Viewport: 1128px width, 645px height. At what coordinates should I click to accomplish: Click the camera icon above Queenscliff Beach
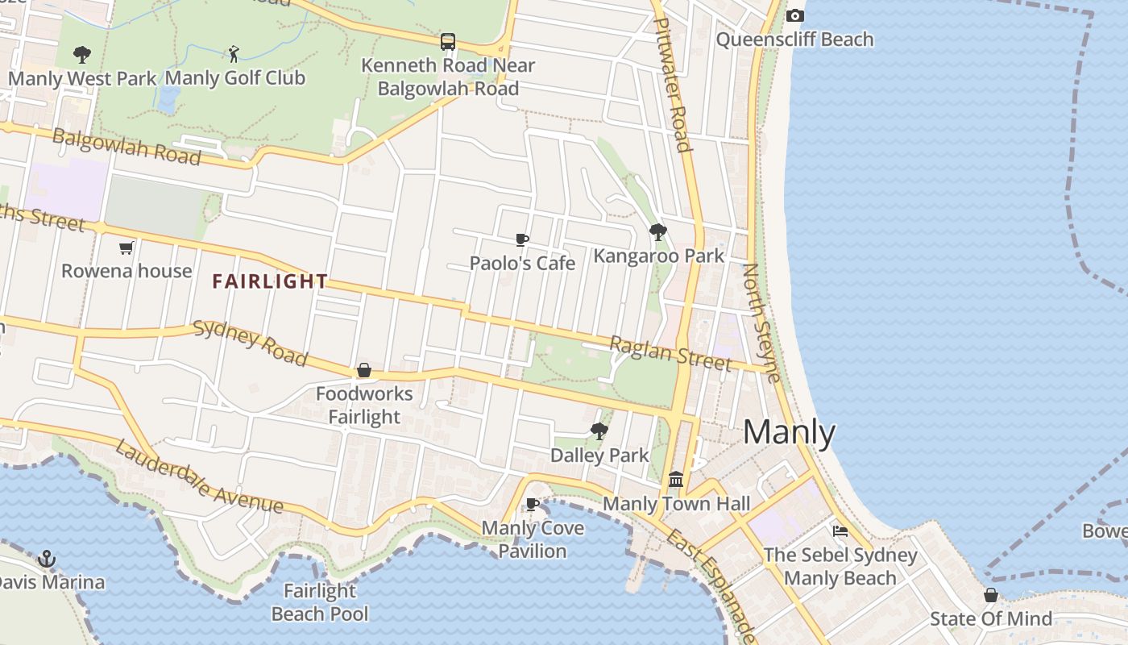pos(794,16)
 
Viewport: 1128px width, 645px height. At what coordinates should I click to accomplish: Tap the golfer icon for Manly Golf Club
pos(234,54)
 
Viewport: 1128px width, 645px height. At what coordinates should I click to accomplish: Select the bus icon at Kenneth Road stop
pos(448,41)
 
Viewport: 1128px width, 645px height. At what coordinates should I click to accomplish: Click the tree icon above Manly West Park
pos(81,55)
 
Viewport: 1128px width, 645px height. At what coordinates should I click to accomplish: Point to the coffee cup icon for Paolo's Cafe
pos(522,239)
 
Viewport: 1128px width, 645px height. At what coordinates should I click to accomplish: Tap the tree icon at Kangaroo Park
pos(658,232)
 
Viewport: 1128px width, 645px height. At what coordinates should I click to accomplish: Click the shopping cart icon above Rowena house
pos(126,248)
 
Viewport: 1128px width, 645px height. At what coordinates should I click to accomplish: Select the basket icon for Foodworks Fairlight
pos(364,370)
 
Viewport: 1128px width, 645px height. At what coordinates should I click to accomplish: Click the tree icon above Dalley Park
pos(599,431)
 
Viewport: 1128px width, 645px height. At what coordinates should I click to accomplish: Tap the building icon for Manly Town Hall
pos(676,480)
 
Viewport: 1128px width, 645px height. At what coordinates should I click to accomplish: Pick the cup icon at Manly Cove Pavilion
pos(532,505)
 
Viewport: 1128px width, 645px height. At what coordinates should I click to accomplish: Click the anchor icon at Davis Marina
pos(47,558)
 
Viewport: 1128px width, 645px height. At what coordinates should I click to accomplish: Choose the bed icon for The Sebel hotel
pos(840,531)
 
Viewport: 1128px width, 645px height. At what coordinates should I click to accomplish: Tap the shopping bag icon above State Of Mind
pos(991,595)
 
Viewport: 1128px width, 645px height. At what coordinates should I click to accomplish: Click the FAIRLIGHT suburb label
pos(270,281)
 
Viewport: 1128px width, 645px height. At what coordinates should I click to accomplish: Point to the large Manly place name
pos(789,433)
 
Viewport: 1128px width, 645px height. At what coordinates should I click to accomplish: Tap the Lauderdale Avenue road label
pos(198,477)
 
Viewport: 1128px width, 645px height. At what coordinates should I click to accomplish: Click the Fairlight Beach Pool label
pos(320,602)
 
